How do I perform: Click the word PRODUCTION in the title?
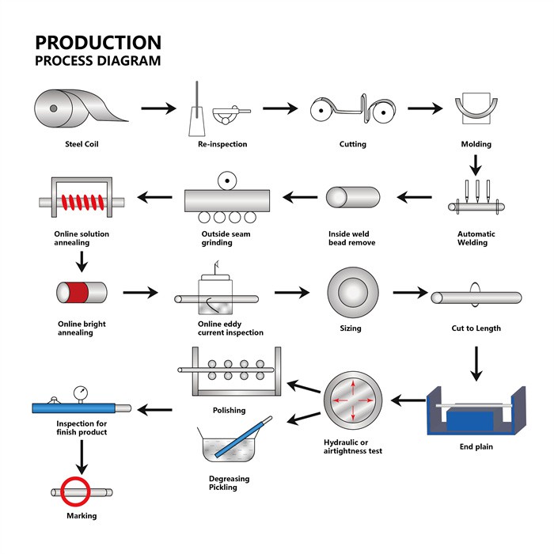[x=98, y=43]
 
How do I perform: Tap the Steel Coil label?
[x=82, y=144]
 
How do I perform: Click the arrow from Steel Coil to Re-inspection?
[x=159, y=108]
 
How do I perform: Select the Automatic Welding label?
[x=476, y=238]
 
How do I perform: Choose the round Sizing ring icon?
[x=352, y=292]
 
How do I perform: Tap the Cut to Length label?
[x=476, y=328]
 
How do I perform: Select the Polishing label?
[x=230, y=410]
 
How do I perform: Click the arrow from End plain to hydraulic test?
[x=408, y=401]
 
